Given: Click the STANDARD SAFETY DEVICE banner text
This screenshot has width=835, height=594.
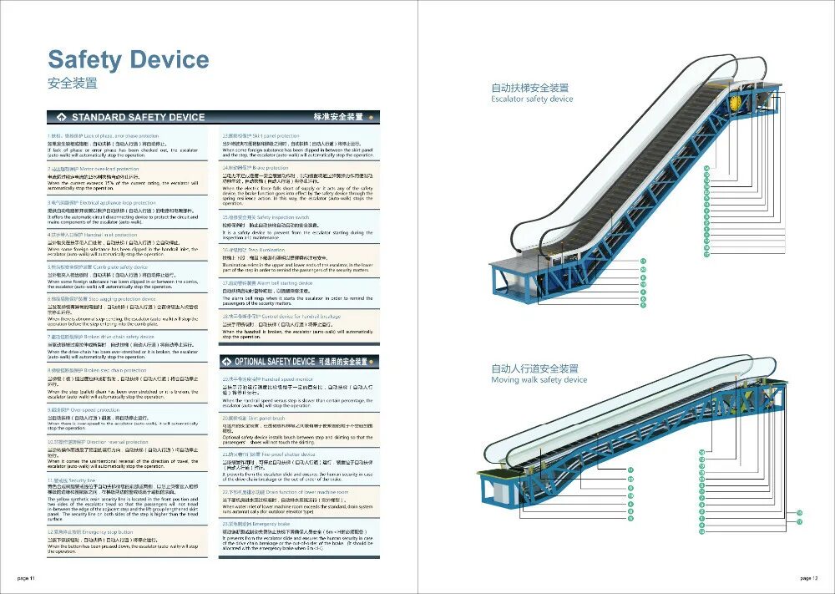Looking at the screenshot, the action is (x=138, y=117).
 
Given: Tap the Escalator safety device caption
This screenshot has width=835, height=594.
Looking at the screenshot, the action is (x=532, y=99).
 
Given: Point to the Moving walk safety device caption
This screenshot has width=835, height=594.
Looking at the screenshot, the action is (x=539, y=380).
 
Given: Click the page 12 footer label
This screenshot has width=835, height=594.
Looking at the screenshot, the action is (x=807, y=578).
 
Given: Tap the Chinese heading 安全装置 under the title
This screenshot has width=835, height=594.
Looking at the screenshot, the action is (x=73, y=84).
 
